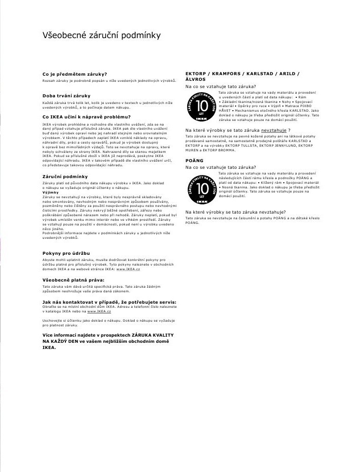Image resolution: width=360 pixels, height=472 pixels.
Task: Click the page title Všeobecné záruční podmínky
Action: (101, 36)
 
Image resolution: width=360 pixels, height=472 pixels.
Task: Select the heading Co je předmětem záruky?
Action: (75, 75)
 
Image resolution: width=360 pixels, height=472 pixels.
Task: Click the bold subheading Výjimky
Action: (50, 193)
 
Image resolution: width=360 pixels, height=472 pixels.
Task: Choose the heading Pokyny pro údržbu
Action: (66, 253)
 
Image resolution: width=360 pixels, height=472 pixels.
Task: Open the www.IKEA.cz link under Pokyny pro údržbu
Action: (128, 269)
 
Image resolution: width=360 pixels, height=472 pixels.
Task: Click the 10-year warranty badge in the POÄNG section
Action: (202, 189)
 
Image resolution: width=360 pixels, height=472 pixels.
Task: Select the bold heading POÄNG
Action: (194, 161)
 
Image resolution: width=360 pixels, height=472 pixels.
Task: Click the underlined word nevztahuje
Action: (274, 131)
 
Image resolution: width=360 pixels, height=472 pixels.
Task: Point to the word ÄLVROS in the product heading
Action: (195, 80)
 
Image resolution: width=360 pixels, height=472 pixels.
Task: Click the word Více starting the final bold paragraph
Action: (49, 335)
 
